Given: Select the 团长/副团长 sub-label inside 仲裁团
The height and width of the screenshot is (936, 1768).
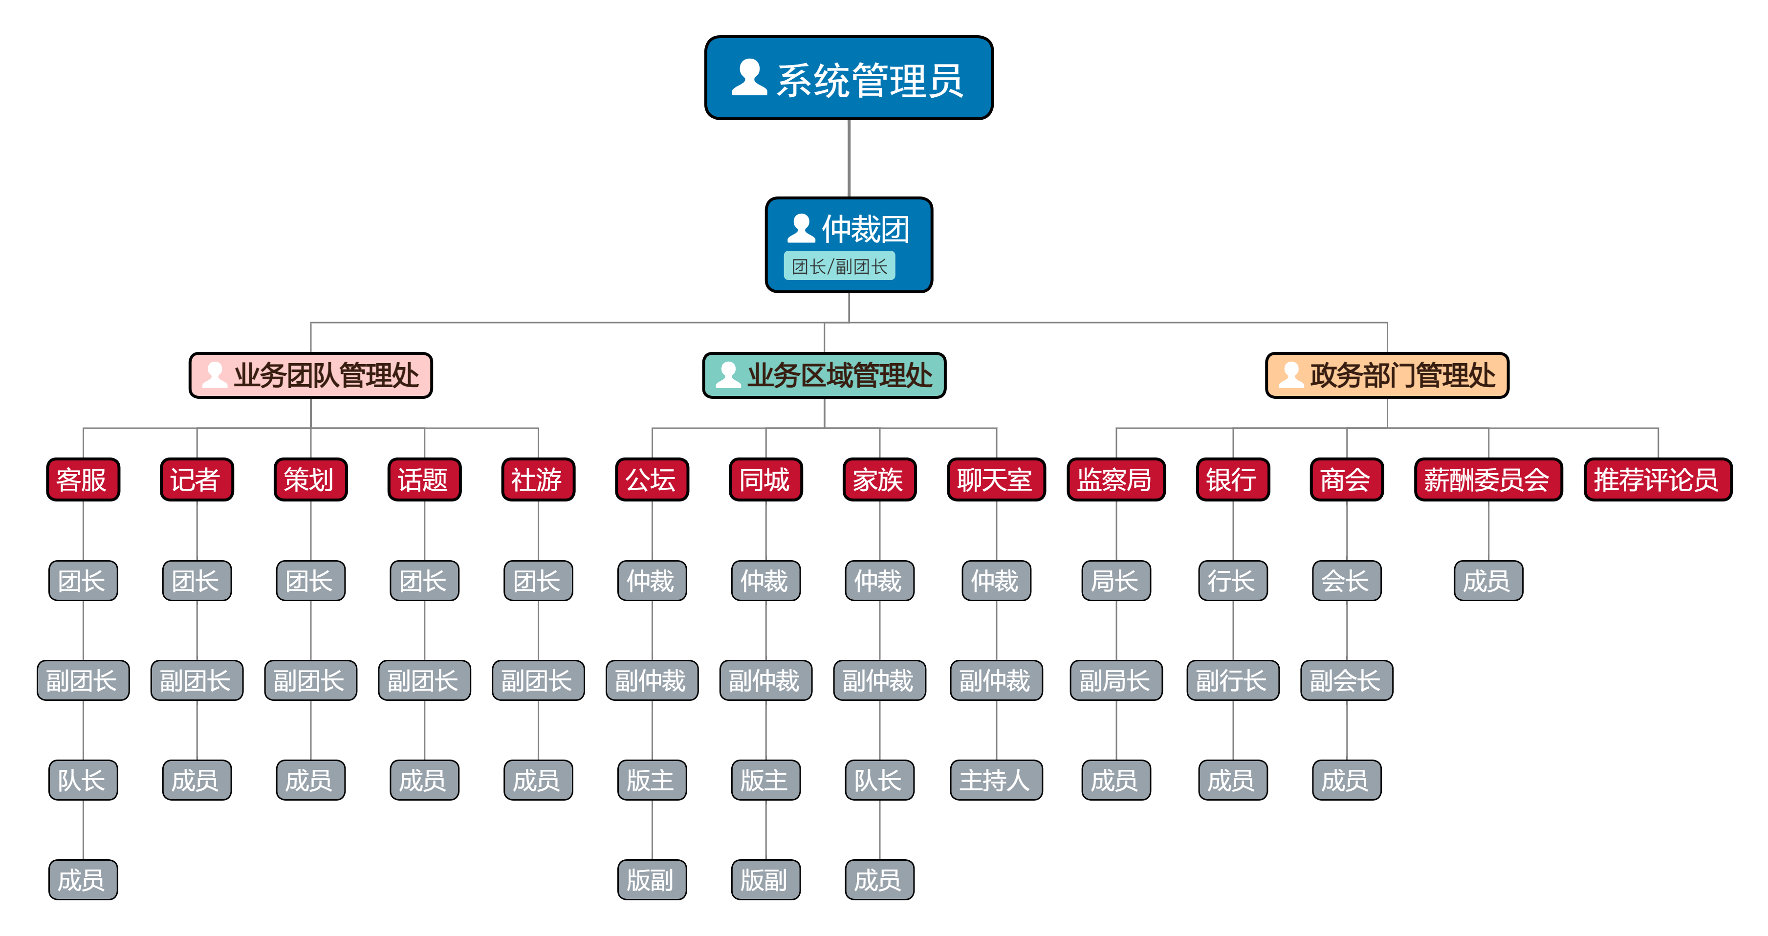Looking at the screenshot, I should pyautogui.click(x=839, y=266).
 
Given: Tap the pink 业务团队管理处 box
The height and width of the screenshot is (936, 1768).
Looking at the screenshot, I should pyautogui.click(x=311, y=375).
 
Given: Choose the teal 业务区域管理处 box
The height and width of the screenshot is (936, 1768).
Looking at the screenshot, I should pyautogui.click(x=824, y=375).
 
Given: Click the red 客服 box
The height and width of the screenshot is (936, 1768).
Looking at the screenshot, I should pyautogui.click(x=83, y=479).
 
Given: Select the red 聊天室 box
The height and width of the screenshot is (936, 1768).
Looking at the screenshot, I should pyautogui.click(x=996, y=479).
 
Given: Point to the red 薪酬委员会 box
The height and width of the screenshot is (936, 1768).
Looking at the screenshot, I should pyautogui.click(x=1488, y=479).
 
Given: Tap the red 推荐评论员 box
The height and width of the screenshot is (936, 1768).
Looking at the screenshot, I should pyautogui.click(x=1658, y=479).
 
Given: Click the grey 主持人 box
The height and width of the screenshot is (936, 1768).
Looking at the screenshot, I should pyautogui.click(x=996, y=780).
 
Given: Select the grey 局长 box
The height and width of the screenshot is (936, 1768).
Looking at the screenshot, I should pyautogui.click(x=1116, y=581).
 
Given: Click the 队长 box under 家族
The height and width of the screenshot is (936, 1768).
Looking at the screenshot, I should pyautogui.click(x=879, y=780).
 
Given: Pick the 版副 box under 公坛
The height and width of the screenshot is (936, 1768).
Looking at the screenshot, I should pyautogui.click(x=652, y=880).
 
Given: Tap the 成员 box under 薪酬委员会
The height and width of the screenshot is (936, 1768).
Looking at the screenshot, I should pyautogui.click(x=1488, y=581).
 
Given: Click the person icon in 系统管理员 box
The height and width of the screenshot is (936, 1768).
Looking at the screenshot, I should pyautogui.click(x=749, y=78).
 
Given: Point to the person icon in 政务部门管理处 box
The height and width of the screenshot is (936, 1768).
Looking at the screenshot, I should pyautogui.click(x=1291, y=375).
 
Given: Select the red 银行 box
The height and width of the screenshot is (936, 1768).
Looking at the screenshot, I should pyautogui.click(x=1233, y=479).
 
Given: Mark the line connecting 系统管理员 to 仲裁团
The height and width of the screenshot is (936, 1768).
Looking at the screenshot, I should pyautogui.click(x=849, y=158).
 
